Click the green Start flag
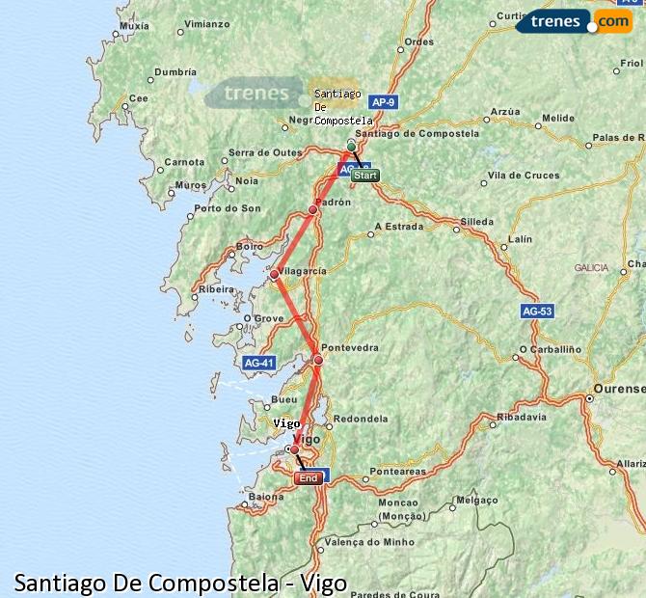365,176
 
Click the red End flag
309,478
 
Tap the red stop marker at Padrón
313,209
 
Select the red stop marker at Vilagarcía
275,275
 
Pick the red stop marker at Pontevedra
319,360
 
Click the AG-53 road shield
537,312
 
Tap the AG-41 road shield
258,363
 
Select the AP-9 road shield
384,101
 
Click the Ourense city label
618,388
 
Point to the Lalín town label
520,238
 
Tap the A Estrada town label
399,228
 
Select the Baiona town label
266,498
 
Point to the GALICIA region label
591,267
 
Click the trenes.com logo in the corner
575,19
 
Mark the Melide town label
556,118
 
